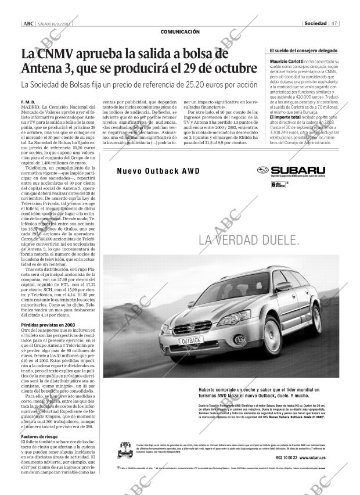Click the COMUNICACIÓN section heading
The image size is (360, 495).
click(x=179, y=31)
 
